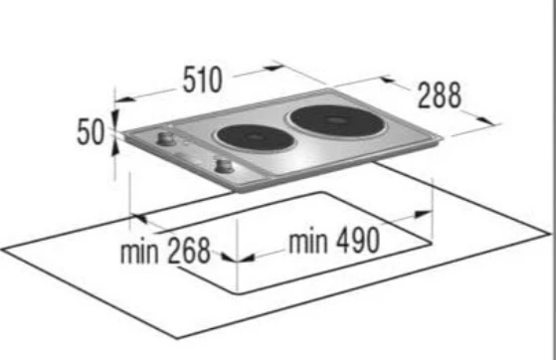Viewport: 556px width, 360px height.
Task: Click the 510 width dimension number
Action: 203,80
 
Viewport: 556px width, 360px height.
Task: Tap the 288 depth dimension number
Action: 440,95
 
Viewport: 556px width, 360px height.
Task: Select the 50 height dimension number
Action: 91,132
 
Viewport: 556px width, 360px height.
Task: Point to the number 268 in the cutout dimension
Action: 189,251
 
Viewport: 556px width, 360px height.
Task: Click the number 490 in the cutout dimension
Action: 358,241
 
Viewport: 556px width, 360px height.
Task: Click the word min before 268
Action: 139,252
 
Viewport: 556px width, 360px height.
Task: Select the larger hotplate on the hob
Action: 336,120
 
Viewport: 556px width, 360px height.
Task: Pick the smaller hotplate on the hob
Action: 255,138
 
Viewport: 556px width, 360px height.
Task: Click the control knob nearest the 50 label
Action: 165,138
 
